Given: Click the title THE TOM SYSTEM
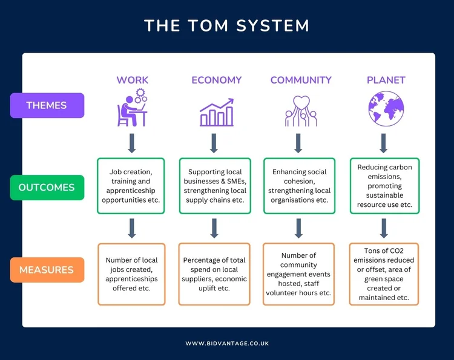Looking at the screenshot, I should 227,26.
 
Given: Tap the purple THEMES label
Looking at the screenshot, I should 47,105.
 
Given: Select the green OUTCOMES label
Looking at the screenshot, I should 47,187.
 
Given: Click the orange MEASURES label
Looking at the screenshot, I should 47,270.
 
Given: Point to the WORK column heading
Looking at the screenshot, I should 132,80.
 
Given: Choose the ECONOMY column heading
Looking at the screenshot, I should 216,80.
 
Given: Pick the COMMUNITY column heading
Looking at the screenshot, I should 301,80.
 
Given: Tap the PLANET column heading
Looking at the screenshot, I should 386,80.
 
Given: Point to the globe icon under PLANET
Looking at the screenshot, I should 386,109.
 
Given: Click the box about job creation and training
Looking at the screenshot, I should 131,186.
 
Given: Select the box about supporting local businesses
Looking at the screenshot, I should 214,186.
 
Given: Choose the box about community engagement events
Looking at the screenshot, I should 298,273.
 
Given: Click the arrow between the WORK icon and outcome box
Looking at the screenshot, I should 131,143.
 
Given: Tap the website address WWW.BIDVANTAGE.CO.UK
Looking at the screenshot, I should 227,343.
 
